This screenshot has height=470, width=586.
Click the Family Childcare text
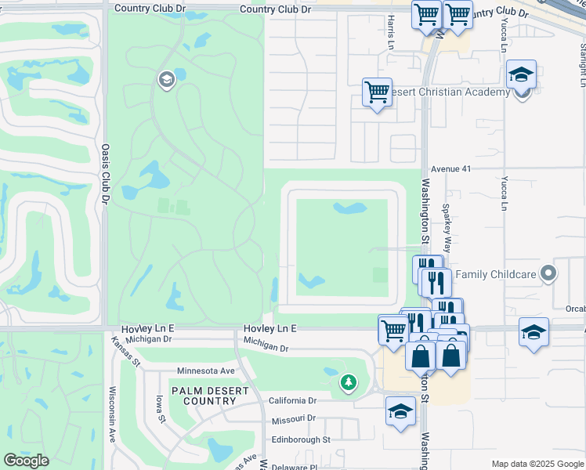(x=496, y=274)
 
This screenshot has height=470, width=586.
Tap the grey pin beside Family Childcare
(x=548, y=274)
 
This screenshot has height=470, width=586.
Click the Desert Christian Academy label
(x=449, y=92)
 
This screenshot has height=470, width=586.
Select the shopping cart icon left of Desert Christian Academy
(x=377, y=92)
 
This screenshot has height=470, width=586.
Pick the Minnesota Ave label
(x=206, y=371)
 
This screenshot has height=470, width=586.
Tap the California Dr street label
(x=292, y=400)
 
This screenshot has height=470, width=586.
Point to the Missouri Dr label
(x=295, y=420)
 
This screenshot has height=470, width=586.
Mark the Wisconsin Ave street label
(x=113, y=414)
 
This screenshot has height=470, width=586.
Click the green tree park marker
(x=348, y=383)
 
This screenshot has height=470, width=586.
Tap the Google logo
(x=26, y=461)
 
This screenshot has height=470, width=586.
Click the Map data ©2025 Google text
(x=537, y=464)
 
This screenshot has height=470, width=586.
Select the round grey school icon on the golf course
(x=166, y=79)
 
